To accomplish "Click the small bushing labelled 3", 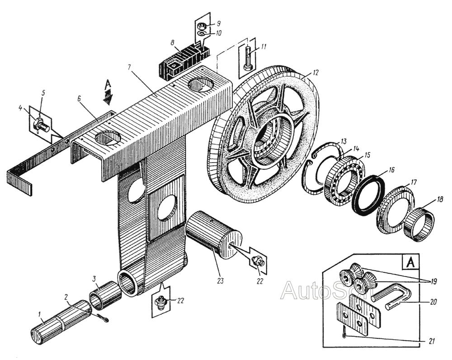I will click(x=105, y=292).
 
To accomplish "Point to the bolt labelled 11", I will click(x=248, y=58).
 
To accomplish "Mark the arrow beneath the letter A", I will click(x=108, y=94).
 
